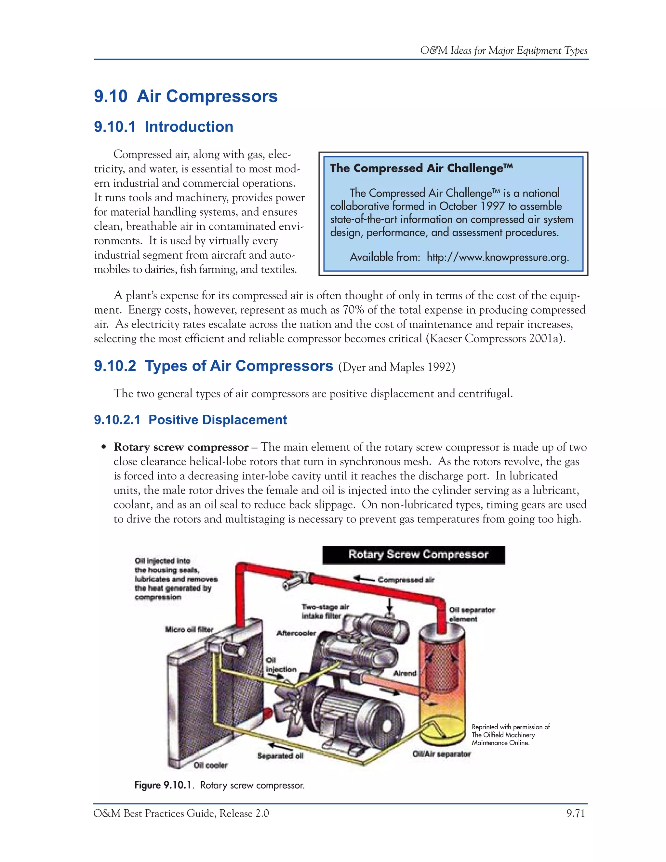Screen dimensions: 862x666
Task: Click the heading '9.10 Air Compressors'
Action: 185,96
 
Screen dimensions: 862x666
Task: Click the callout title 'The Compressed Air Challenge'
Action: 421,168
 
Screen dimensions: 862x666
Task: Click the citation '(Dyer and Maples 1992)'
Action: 396,367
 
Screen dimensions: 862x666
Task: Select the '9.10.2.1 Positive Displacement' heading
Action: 190,420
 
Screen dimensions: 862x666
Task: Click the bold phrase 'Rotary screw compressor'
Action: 181,447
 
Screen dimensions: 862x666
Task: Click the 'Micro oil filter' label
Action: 189,629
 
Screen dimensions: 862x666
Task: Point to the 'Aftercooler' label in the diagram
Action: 296,633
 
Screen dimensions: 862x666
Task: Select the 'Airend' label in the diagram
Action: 405,673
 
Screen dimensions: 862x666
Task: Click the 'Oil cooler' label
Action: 210,765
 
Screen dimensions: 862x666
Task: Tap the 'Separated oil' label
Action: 281,755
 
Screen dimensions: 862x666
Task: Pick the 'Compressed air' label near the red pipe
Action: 406,579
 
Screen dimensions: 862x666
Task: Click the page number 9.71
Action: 575,814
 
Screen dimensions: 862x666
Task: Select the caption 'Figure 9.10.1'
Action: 164,786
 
